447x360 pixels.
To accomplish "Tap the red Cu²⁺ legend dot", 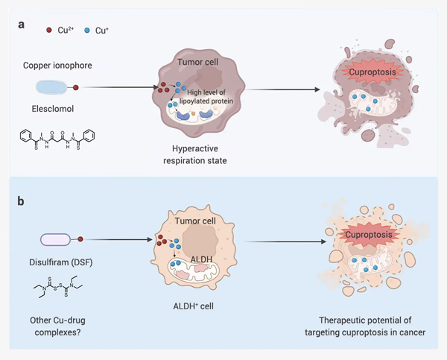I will pos(49,30).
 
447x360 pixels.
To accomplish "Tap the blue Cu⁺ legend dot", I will pos(88,30).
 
